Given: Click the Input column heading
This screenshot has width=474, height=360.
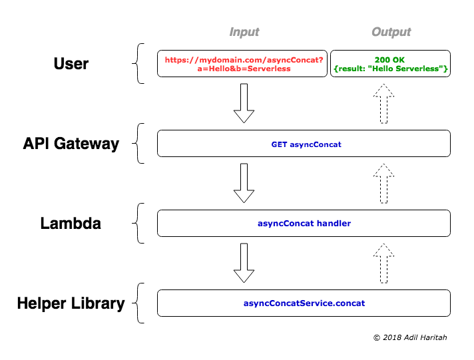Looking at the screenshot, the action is (x=244, y=32).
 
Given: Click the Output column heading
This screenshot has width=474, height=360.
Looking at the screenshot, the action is (x=391, y=32).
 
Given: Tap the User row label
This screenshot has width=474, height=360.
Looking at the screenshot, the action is (x=71, y=63).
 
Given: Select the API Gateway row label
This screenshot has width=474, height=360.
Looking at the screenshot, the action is (x=71, y=144).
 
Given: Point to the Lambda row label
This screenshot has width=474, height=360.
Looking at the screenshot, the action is (x=71, y=224).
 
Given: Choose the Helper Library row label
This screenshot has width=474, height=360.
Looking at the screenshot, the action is (x=71, y=303).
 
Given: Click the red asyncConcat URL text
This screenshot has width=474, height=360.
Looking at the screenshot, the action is (x=244, y=64).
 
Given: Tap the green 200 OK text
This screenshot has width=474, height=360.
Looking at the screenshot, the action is (x=390, y=60).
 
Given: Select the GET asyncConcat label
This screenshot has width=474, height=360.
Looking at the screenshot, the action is (x=306, y=144).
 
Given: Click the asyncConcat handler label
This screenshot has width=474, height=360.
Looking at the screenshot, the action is (x=304, y=224).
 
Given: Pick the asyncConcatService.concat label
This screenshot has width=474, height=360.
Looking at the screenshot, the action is (x=304, y=303).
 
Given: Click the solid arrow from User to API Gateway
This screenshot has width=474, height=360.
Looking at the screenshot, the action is (x=244, y=103).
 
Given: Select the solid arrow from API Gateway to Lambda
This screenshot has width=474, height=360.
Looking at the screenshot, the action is (x=244, y=183).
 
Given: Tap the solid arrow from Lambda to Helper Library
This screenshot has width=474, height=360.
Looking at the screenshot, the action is (x=244, y=263).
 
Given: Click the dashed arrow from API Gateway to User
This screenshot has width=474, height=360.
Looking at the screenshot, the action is (x=383, y=104).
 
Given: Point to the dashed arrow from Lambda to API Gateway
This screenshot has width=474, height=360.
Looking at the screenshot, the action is (x=383, y=184).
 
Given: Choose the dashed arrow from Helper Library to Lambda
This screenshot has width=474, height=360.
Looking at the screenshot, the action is (x=383, y=264).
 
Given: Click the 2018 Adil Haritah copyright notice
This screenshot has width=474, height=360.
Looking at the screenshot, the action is (x=410, y=337).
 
